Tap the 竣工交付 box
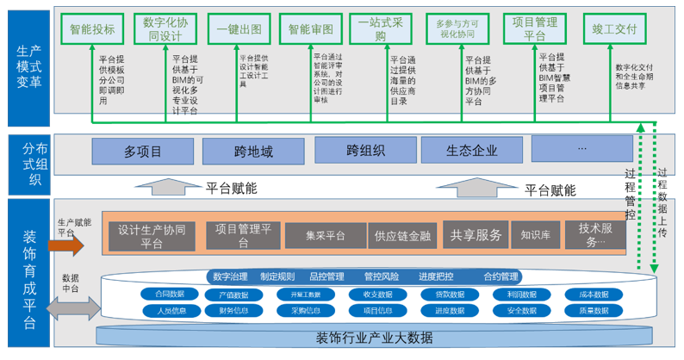[614, 28]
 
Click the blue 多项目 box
[142, 152]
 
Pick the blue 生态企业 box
[471, 150]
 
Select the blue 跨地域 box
[253, 152]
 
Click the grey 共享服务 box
[476, 233]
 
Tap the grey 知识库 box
[536, 233]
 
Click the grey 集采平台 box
[325, 235]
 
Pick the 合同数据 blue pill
[170, 295]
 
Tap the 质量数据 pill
[594, 311]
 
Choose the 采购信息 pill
[305, 311]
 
